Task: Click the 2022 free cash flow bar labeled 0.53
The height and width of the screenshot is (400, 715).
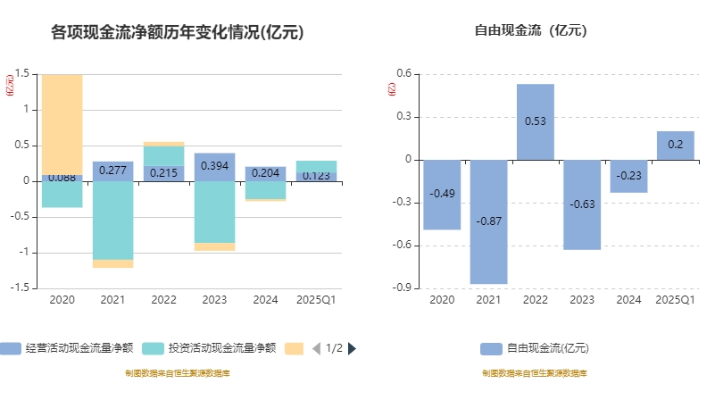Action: click(x=536, y=121)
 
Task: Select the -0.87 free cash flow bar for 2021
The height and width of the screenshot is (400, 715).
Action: click(x=488, y=221)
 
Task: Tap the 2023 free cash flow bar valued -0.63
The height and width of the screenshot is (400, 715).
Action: click(x=582, y=204)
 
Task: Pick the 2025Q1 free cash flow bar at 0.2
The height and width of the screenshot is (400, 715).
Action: click(x=676, y=146)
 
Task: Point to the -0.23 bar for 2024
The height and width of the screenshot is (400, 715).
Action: click(x=628, y=176)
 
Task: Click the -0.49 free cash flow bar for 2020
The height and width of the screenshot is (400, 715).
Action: click(x=442, y=194)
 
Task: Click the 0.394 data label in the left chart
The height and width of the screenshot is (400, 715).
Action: click(x=214, y=166)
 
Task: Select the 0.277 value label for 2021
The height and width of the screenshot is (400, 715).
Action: click(x=112, y=170)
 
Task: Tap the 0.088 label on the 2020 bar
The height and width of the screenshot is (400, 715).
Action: click(x=62, y=178)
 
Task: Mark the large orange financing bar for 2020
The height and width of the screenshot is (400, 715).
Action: click(x=62, y=124)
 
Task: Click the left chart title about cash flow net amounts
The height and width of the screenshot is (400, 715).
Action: click(x=178, y=33)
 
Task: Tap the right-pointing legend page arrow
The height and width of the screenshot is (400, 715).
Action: click(x=352, y=348)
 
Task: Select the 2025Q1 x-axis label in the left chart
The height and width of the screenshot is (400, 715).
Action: click(x=316, y=300)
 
